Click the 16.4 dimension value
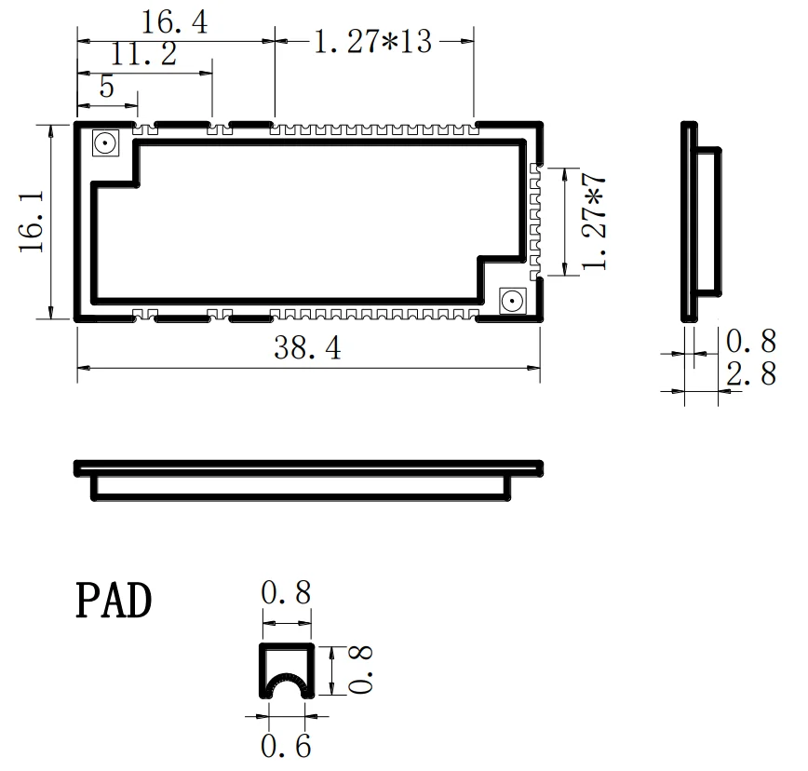174,22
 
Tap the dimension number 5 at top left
106,88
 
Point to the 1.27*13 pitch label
372,42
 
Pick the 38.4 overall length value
307,349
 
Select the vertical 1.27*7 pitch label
594,222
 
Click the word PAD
113,602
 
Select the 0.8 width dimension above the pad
286,592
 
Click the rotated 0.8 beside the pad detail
362,670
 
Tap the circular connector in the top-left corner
104,144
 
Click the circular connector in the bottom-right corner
511,300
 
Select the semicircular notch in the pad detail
286,688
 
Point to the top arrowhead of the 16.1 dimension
49,128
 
